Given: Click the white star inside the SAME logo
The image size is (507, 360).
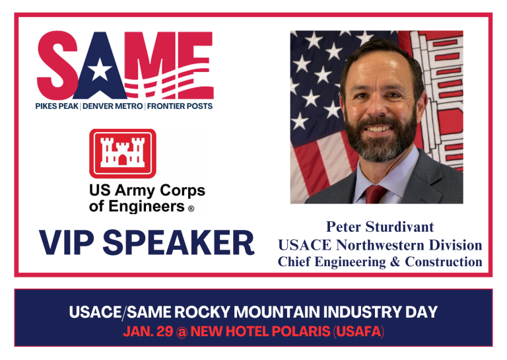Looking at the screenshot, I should click(100, 69).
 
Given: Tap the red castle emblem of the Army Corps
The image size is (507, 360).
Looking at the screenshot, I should click(122, 153).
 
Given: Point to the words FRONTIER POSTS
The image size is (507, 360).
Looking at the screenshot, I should click(180, 106).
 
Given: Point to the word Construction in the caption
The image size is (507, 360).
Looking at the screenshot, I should click(444, 262).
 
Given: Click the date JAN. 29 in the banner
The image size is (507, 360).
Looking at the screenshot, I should click(145, 332).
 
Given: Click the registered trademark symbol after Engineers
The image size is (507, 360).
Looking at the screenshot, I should click(191, 209).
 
